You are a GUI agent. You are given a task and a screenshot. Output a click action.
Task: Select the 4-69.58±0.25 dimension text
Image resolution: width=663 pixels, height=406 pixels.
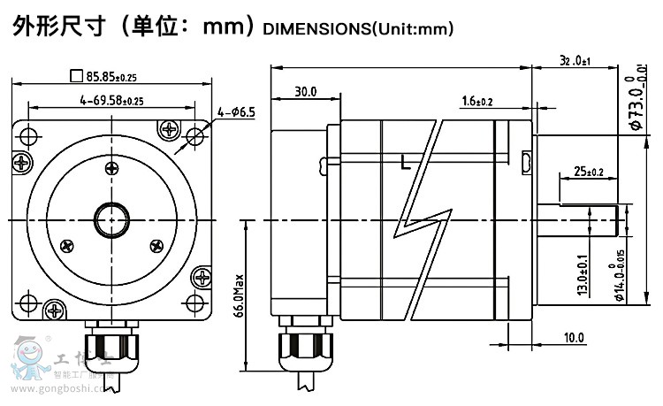pos(111,101)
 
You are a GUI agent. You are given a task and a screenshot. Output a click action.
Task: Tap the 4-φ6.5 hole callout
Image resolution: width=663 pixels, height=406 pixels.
pos(236,111)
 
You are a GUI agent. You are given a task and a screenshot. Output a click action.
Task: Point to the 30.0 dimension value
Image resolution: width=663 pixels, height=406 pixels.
pos(306,92)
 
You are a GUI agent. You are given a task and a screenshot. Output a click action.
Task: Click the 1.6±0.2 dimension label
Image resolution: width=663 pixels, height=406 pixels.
pos(476,102)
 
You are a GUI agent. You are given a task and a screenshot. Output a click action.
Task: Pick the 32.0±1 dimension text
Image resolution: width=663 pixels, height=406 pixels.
pos(575,61)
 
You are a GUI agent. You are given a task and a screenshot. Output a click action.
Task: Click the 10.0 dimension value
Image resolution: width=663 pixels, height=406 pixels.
pos(574,337)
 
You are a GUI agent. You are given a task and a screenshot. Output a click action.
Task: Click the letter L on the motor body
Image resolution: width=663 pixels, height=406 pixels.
pos(405,163)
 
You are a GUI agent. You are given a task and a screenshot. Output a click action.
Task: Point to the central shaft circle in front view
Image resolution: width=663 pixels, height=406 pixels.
pos(111,218)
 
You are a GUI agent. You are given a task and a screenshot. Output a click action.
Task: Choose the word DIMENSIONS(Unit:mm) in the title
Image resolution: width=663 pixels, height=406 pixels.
pos(358,29)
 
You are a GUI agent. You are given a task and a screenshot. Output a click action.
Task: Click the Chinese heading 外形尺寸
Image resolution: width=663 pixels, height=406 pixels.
pos(58,27)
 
